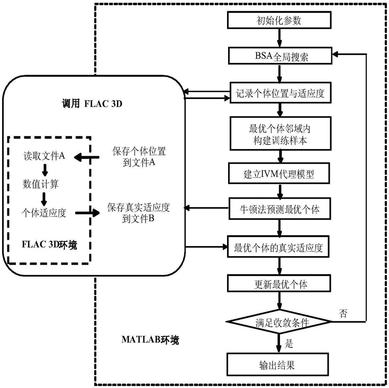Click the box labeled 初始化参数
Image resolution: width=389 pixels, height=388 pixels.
(279, 20)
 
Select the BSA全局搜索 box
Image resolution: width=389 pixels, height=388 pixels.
(280, 56)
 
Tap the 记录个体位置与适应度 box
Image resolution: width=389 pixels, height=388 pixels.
(281, 93)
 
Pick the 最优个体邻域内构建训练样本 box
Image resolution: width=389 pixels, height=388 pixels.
(281, 134)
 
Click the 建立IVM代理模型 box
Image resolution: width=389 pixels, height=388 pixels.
(279, 173)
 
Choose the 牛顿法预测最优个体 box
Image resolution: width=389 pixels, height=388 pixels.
(279, 208)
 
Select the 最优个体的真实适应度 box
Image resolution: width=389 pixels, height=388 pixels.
(278, 246)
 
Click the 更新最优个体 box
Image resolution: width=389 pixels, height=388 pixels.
(279, 283)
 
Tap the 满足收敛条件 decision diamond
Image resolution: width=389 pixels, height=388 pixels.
(279, 322)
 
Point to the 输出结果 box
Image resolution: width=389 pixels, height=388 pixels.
(278, 364)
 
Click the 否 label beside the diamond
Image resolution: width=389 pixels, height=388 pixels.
(343, 313)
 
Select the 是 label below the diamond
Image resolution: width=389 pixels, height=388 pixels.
(289, 343)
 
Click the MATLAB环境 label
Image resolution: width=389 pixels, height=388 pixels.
(150, 340)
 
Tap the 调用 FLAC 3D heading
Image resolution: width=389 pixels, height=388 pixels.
(92, 103)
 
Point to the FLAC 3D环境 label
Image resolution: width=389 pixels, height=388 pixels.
(49, 245)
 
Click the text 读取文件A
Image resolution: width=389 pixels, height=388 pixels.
(44, 156)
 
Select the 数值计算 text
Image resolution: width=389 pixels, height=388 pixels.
(40, 184)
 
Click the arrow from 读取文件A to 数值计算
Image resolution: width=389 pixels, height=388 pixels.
(45, 170)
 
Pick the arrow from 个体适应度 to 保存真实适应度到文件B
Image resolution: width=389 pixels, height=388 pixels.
(87, 213)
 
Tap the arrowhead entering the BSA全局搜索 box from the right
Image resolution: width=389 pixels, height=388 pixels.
(335, 54)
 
